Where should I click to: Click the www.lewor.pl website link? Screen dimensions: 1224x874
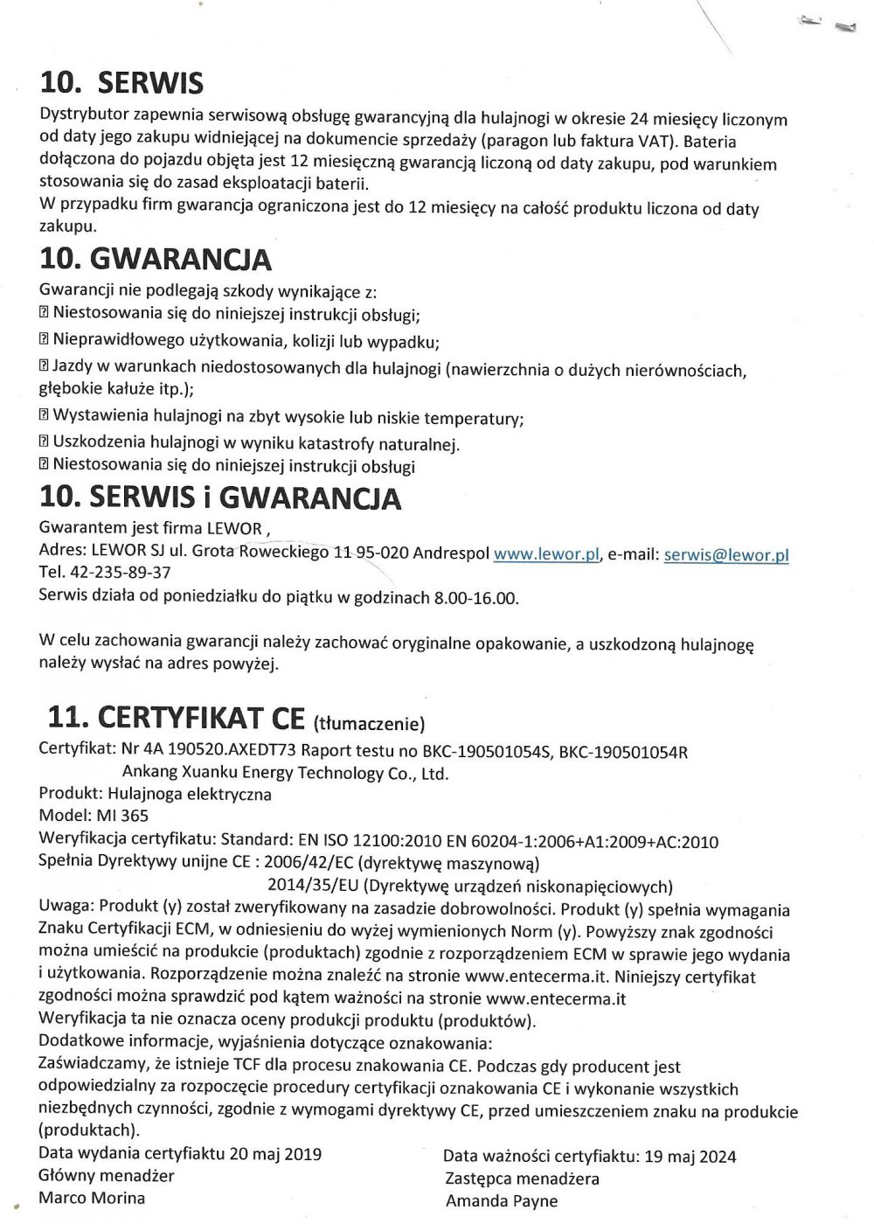[546, 553]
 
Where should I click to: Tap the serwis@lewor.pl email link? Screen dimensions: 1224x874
[726, 554]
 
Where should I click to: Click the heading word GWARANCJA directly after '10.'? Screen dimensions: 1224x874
[181, 260]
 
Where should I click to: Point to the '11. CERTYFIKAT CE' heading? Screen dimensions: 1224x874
[175, 717]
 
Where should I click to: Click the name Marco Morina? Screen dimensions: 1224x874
[92, 1198]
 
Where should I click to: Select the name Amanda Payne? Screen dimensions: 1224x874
[501, 1200]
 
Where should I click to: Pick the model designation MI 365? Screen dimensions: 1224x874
[122, 816]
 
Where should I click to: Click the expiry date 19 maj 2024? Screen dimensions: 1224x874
[690, 1157]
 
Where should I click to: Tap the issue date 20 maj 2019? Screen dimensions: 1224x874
[275, 1154]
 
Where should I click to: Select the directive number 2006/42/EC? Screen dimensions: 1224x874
[309, 861]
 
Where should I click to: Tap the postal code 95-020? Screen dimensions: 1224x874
[381, 553]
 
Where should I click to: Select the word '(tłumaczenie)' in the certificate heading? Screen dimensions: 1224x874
[369, 723]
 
